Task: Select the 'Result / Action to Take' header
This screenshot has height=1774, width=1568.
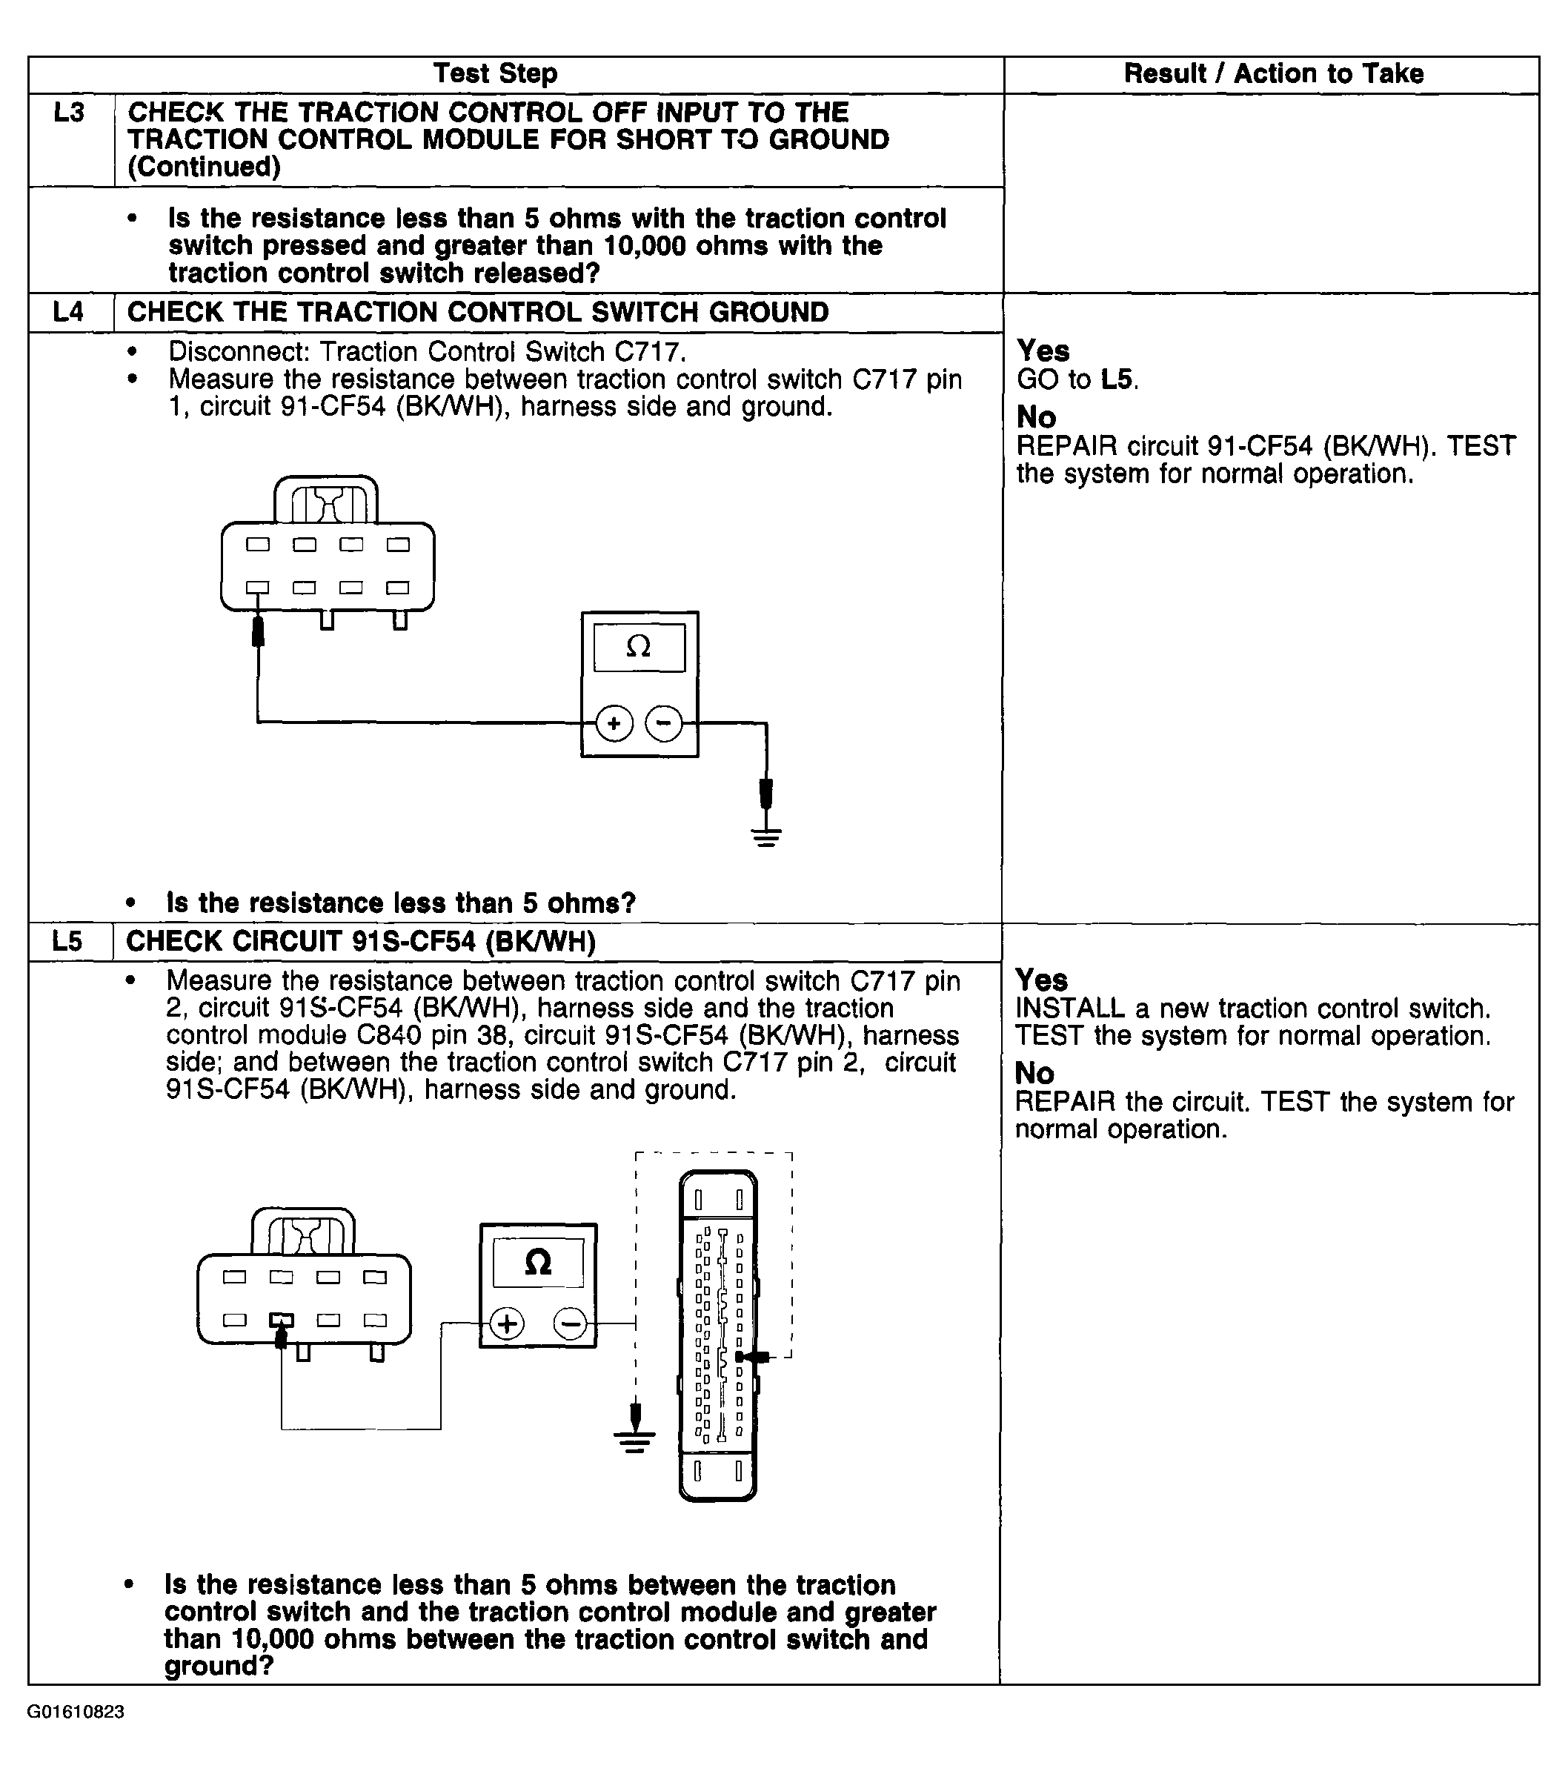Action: (1273, 74)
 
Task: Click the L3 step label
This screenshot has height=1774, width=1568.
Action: (70, 113)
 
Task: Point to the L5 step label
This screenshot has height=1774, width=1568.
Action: (67, 941)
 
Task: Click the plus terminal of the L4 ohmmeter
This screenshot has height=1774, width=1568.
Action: (614, 723)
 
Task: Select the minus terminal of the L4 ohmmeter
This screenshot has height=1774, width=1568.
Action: (665, 723)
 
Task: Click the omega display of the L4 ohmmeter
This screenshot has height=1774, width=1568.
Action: (639, 647)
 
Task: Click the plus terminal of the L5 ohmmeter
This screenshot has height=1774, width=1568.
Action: (508, 1323)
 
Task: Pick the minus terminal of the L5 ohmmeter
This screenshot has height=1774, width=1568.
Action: (570, 1323)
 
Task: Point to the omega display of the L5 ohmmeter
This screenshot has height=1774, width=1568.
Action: (538, 1262)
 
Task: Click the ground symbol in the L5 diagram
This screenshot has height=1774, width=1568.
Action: (635, 1441)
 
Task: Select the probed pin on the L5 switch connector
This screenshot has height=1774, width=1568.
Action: (281, 1320)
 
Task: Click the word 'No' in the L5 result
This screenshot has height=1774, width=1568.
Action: (1034, 1073)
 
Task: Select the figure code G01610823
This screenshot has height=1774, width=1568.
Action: (76, 1712)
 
